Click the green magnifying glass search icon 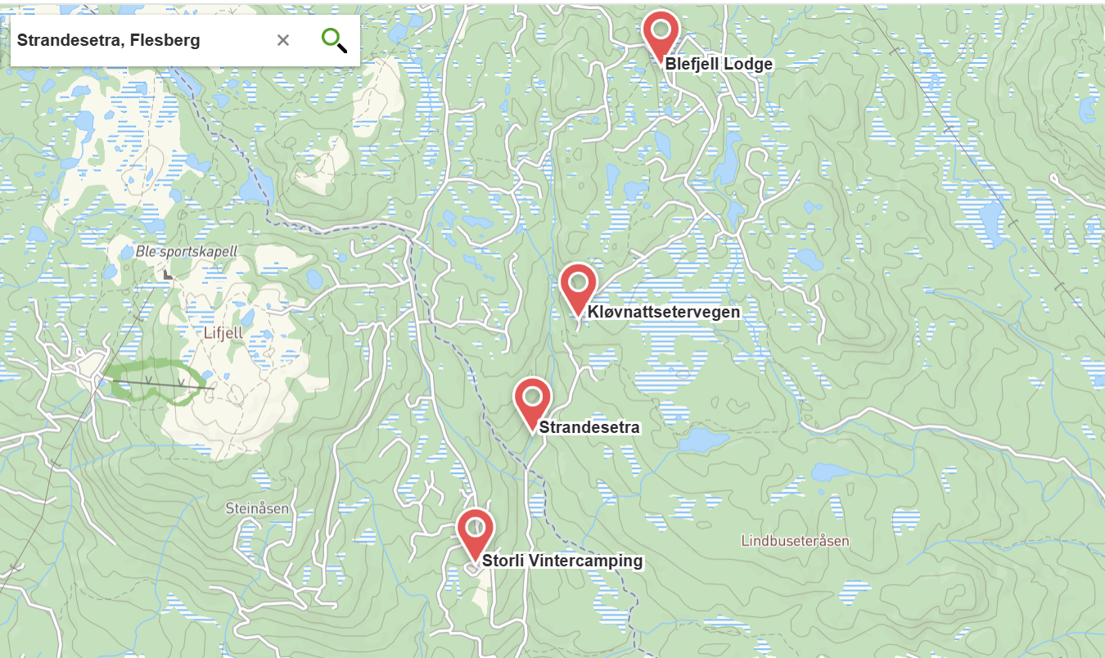[x=334, y=39]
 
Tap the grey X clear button [x=283, y=40]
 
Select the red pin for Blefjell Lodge [x=661, y=32]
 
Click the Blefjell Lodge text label [x=718, y=65]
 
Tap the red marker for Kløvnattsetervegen [x=579, y=284]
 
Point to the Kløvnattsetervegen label [x=663, y=312]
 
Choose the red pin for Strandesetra [x=533, y=399]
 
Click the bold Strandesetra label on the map [x=589, y=427]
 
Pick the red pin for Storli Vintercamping [x=476, y=530]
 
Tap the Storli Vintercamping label [x=562, y=561]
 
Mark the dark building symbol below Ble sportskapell [x=168, y=275]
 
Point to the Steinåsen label [x=257, y=508]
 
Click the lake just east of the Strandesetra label [x=702, y=441]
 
